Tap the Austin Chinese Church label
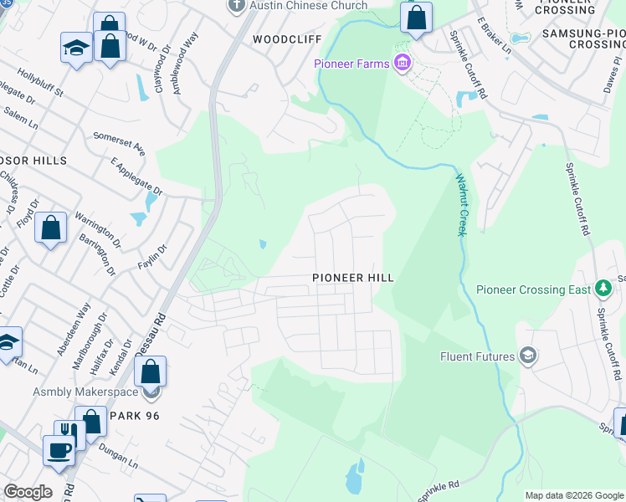(309, 6)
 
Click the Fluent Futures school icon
(527, 356)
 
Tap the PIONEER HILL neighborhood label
(352, 277)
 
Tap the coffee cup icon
(59, 449)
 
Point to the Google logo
(27, 492)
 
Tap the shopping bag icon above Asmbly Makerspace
(150, 370)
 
